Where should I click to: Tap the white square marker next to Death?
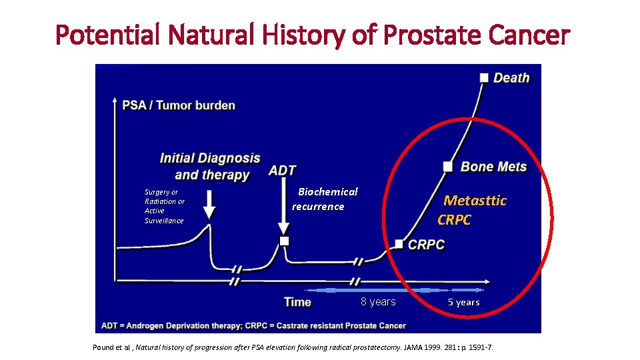click(484, 77)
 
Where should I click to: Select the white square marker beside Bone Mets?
click(448, 166)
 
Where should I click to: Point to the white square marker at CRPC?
click(399, 244)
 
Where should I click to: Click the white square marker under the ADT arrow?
click(284, 241)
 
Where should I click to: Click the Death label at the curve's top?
click(511, 78)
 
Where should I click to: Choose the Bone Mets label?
click(493, 167)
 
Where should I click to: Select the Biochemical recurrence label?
click(325, 199)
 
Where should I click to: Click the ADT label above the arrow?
click(282, 171)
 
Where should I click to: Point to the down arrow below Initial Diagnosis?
click(209, 204)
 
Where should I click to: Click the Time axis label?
click(297, 302)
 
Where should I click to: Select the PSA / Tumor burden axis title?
click(179, 105)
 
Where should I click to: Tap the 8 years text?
click(378, 302)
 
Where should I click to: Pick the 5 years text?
click(463, 303)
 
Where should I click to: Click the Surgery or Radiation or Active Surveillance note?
click(165, 206)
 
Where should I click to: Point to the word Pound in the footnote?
click(104, 347)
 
